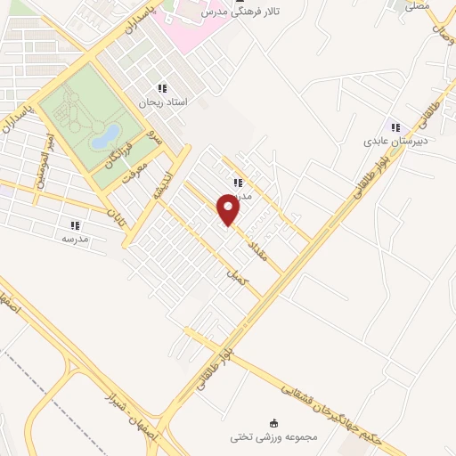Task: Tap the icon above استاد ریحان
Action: point(161,88)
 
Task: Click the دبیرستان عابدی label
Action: point(395,141)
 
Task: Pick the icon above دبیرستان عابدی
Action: point(395,127)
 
